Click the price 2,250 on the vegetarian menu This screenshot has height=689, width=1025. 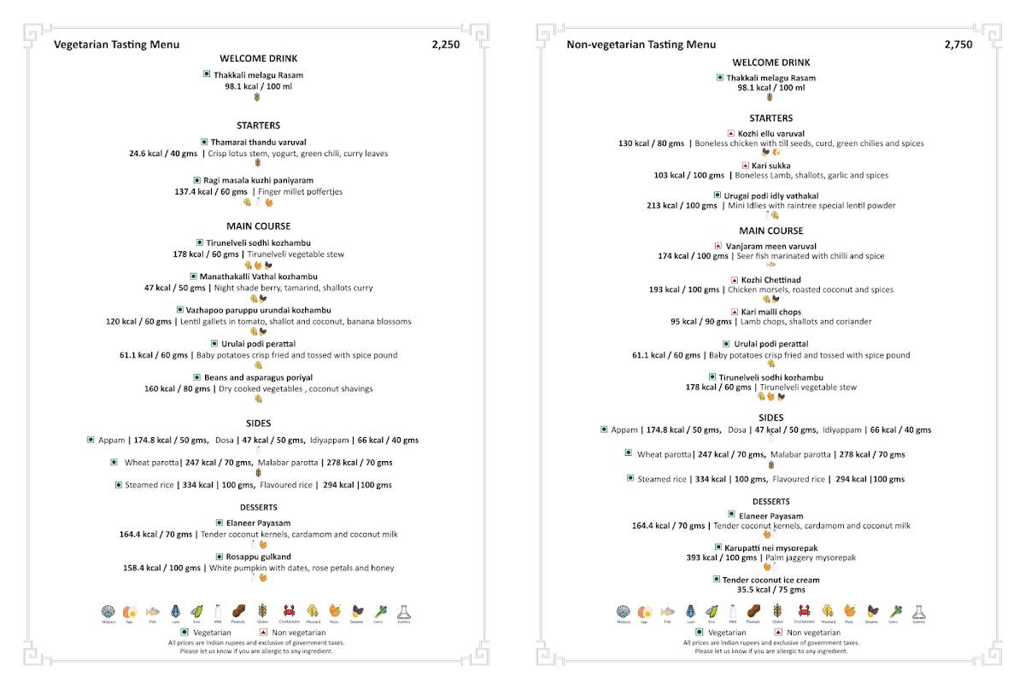click(x=445, y=44)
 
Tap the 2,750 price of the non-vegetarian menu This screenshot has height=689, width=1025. click(x=958, y=44)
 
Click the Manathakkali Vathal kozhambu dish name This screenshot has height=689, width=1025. click(x=258, y=277)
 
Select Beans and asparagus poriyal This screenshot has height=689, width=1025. click(x=258, y=377)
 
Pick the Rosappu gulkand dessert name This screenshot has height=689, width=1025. click(x=258, y=557)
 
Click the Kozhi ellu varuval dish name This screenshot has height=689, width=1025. click(x=771, y=133)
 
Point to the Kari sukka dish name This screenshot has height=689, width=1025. click(x=771, y=166)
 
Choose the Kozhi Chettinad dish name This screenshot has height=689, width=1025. click(x=771, y=280)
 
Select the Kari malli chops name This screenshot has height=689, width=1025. click(x=771, y=312)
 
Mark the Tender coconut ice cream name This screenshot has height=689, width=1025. click(x=771, y=580)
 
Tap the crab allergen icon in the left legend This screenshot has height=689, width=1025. click(x=290, y=611)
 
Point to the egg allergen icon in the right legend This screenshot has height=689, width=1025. click(x=645, y=611)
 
